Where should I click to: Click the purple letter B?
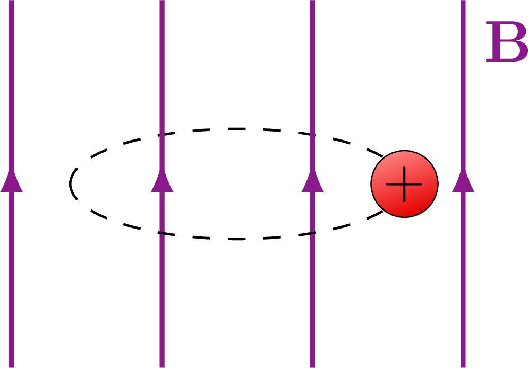pyautogui.click(x=506, y=42)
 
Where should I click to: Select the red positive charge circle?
pyautogui.click(x=404, y=184)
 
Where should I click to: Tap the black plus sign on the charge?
pyautogui.click(x=404, y=184)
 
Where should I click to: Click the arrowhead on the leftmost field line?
pyautogui.click(x=12, y=181)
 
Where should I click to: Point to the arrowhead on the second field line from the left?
pyautogui.click(x=162, y=181)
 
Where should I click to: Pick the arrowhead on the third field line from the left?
pyautogui.click(x=312, y=181)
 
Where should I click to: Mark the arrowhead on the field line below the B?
pyautogui.click(x=463, y=181)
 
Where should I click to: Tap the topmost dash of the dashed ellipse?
pyautogui.click(x=237, y=129)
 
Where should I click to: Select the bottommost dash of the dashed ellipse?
pyautogui.click(x=237, y=239)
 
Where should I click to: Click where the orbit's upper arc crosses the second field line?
pyautogui.click(x=162, y=134)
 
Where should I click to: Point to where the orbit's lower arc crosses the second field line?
pyautogui.click(x=162, y=234)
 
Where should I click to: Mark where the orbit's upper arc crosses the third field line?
pyautogui.click(x=312, y=134)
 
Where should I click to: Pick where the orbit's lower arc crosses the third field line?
pyautogui.click(x=312, y=234)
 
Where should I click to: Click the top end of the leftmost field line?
pyautogui.click(x=12, y=2)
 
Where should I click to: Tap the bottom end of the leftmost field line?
pyautogui.click(x=12, y=365)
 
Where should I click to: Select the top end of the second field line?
pyautogui.click(x=162, y=2)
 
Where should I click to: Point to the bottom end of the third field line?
pyautogui.click(x=312, y=365)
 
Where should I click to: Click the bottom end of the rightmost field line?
pyautogui.click(x=463, y=365)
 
